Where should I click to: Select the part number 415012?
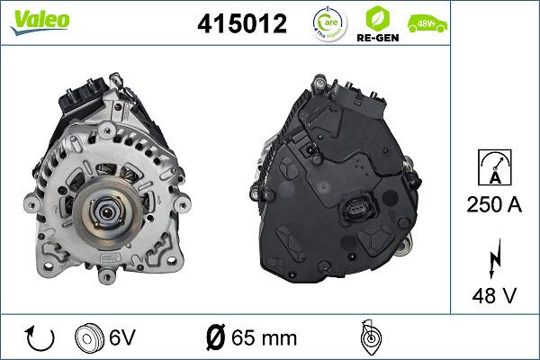point(242,24)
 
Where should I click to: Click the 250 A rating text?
point(495,205)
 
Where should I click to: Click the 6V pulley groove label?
point(122,337)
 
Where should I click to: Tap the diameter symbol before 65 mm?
point(215,337)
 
